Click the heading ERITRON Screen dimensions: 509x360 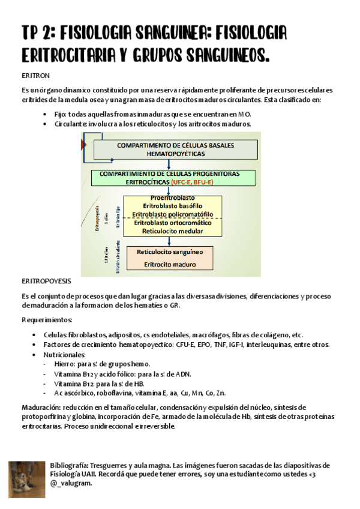[35, 76]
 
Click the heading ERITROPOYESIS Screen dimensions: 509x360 [46, 281]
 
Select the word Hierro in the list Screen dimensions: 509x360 [64, 364]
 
